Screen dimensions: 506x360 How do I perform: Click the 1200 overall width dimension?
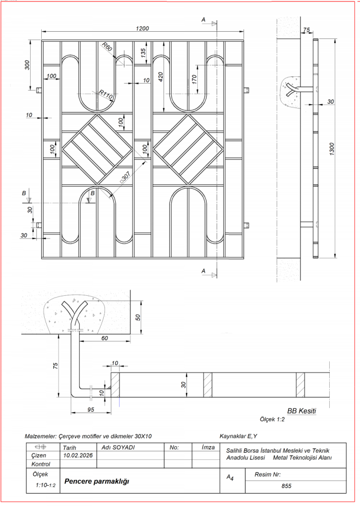click(x=143, y=29)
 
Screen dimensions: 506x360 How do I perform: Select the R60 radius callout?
click(x=107, y=47)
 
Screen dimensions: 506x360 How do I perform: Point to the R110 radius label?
click(x=105, y=94)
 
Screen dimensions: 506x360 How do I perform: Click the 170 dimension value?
click(x=194, y=79)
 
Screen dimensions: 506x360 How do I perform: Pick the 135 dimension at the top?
click(x=144, y=53)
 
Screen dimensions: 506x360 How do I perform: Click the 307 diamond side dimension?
click(x=125, y=177)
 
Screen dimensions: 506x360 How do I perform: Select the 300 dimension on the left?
click(x=27, y=64)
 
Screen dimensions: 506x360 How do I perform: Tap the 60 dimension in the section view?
click(x=105, y=338)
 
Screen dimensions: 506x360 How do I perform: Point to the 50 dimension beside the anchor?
click(x=137, y=318)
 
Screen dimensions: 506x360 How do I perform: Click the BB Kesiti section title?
click(x=301, y=411)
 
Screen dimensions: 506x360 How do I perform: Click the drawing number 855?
click(x=287, y=486)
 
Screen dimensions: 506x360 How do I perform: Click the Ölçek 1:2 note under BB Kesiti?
click(x=272, y=419)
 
